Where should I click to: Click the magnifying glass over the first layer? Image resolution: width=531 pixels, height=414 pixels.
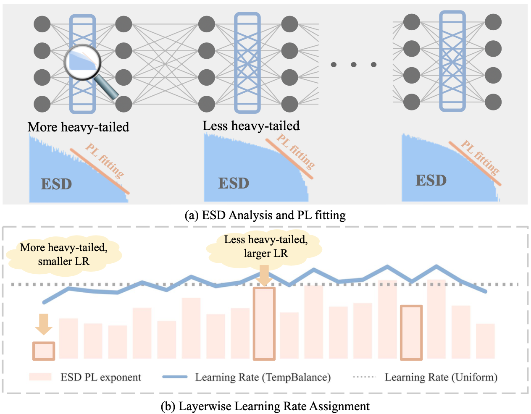(x=82, y=63)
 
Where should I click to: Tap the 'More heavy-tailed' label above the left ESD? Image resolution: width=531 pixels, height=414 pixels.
(x=78, y=127)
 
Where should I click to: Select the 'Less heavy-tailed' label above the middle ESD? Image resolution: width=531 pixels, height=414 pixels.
(x=251, y=126)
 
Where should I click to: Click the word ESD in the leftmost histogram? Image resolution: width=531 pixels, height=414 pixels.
(x=56, y=184)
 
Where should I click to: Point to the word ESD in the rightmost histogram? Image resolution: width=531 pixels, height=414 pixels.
(x=431, y=180)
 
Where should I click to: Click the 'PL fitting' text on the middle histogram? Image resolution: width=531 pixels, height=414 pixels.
(x=296, y=151)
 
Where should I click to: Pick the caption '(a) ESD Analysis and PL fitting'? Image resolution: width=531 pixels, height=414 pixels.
(x=265, y=215)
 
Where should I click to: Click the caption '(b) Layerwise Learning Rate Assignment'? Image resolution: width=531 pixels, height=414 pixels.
(x=265, y=406)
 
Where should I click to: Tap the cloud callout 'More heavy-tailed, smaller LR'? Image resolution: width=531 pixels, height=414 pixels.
(x=64, y=254)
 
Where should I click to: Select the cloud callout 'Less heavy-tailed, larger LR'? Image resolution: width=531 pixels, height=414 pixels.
(x=265, y=246)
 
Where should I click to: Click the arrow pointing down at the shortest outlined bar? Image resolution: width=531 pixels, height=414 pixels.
(x=43, y=324)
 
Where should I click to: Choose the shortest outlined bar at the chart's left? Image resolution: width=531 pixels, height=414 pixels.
(x=44, y=351)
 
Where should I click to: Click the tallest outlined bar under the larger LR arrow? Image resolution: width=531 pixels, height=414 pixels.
(x=264, y=323)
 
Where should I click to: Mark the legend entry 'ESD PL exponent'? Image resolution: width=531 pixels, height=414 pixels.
(x=101, y=377)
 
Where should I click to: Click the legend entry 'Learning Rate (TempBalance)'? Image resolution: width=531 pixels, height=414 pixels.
(x=263, y=377)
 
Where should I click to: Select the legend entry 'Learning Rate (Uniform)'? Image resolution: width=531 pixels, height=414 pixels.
(x=441, y=377)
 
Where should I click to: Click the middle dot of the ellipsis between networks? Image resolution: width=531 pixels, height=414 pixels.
(x=354, y=65)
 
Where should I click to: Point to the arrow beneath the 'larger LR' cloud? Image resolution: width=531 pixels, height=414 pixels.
(x=264, y=275)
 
